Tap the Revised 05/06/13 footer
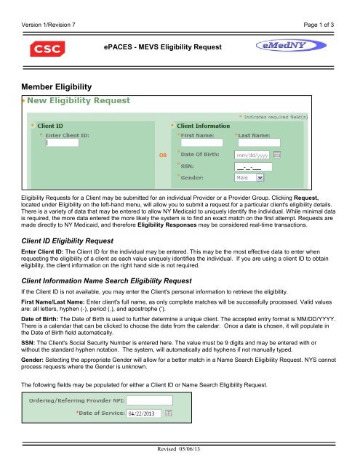(180, 451)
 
